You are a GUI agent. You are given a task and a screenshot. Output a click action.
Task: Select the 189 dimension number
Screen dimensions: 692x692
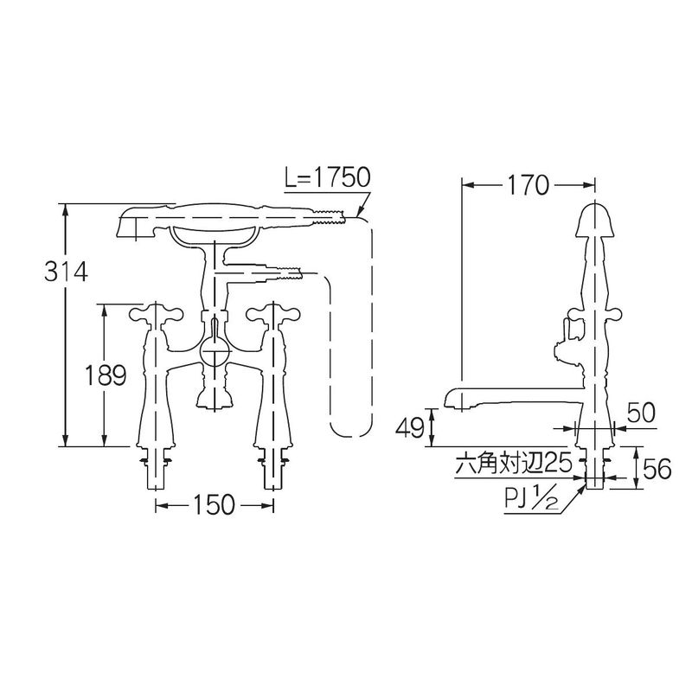pyautogui.click(x=105, y=375)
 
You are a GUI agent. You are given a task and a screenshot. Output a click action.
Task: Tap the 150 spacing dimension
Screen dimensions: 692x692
pyautogui.click(x=213, y=504)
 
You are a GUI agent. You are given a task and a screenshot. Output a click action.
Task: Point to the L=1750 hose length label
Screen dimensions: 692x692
pyautogui.click(x=328, y=177)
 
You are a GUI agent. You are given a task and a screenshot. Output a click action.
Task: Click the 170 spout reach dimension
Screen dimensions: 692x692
pyautogui.click(x=528, y=185)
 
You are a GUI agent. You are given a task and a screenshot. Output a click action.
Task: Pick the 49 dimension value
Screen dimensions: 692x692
pyautogui.click(x=411, y=427)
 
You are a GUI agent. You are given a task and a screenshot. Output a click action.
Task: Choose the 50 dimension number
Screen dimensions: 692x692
pyautogui.click(x=641, y=414)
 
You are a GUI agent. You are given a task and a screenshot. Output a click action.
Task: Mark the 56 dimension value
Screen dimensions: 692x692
pyautogui.click(x=657, y=469)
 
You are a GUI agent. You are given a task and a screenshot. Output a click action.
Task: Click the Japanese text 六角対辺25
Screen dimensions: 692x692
pyautogui.click(x=514, y=464)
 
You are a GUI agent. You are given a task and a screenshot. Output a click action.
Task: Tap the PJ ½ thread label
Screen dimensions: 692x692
pyautogui.click(x=532, y=503)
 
